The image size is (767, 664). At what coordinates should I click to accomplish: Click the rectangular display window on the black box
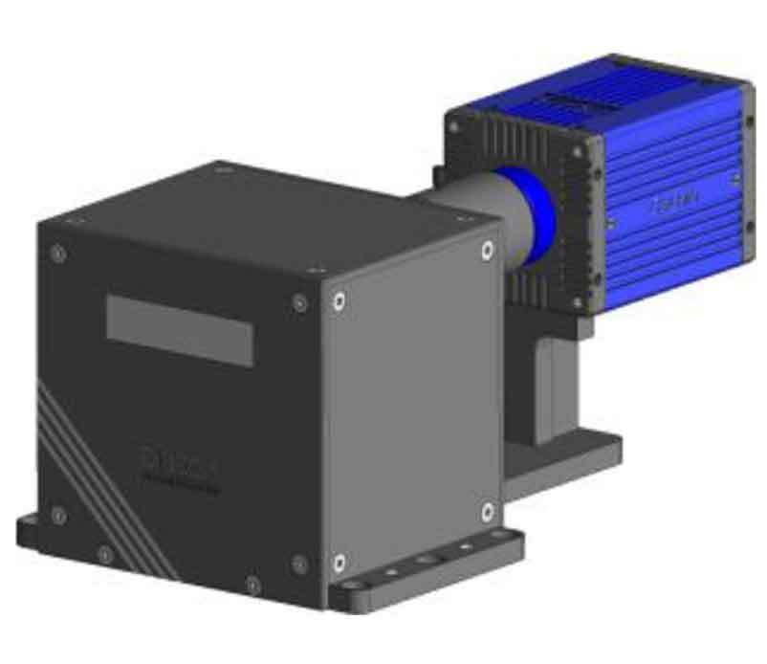click(179, 330)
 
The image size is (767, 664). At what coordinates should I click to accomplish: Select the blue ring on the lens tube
click(538, 212)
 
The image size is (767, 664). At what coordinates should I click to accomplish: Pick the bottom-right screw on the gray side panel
click(487, 508)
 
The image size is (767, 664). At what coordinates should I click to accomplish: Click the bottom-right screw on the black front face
click(298, 563)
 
